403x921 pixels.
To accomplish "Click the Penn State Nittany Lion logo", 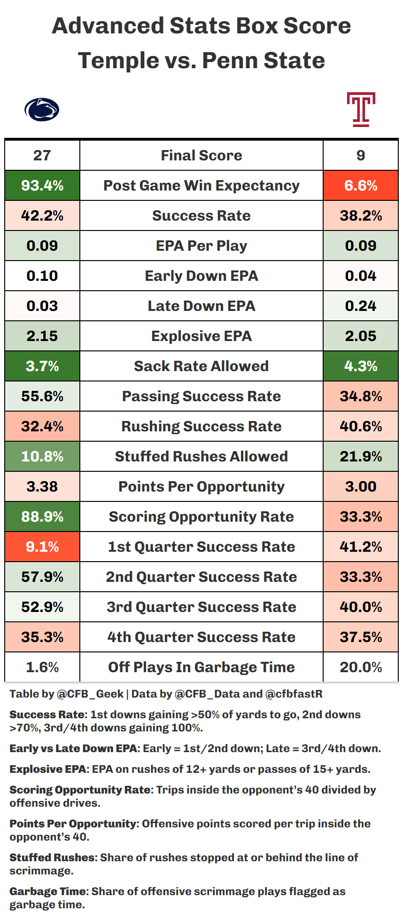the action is click(42, 110).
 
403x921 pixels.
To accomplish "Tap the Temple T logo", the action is click(361, 110).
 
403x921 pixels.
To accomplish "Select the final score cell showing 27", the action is click(42, 155).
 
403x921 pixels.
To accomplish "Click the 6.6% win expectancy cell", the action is click(361, 185).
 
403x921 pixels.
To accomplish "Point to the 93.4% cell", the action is click(42, 185).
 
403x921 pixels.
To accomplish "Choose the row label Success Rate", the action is click(201, 215).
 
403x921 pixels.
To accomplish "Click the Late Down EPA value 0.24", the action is click(361, 306).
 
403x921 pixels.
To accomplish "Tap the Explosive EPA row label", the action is click(201, 336).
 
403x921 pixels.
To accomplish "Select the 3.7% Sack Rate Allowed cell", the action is click(42, 366).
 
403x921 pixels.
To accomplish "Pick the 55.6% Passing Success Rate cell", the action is click(42, 396).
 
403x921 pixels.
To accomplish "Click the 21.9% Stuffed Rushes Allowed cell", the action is click(361, 456).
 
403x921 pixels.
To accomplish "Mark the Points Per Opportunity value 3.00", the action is click(361, 486).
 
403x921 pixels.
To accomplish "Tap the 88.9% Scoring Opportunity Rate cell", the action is click(42, 516).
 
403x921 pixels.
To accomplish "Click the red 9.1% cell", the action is click(42, 547).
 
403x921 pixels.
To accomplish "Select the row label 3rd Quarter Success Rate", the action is click(201, 607).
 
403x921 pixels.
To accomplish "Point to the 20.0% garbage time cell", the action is click(361, 667).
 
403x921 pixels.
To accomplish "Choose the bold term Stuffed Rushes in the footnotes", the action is click(52, 857).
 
